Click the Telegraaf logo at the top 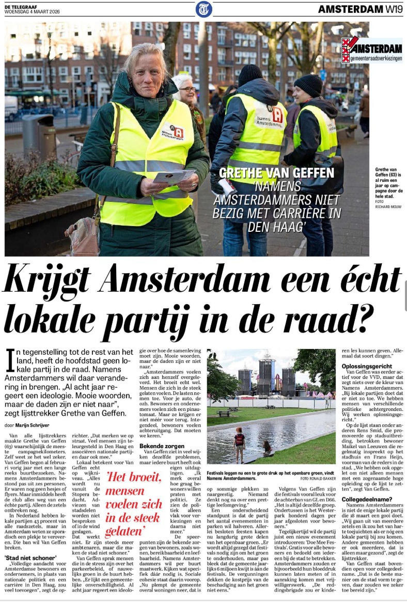pyautogui.click(x=203, y=9)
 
